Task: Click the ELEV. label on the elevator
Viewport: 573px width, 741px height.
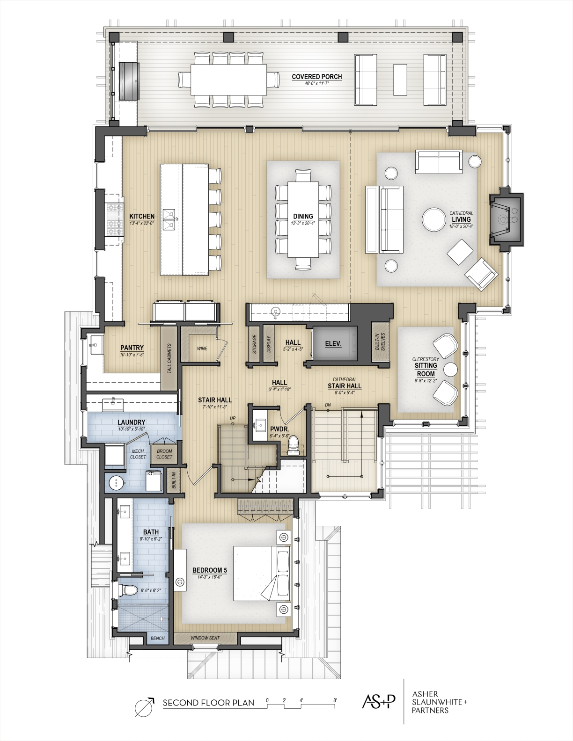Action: click(x=333, y=343)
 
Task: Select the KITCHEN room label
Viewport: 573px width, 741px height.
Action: click(x=142, y=216)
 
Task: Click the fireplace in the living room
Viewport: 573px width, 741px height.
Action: click(x=506, y=220)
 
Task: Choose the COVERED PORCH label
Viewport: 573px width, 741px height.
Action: click(x=317, y=77)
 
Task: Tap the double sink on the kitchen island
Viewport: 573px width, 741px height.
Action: click(x=169, y=219)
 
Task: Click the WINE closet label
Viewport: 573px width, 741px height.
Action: click(x=202, y=349)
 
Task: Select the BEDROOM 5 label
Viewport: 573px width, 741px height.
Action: click(x=210, y=570)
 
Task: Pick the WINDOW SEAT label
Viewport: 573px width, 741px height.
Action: click(x=205, y=638)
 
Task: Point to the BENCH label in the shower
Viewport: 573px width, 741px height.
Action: click(x=157, y=638)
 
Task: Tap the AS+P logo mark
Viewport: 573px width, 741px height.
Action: click(x=378, y=701)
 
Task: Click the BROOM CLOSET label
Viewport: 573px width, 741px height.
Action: click(x=164, y=454)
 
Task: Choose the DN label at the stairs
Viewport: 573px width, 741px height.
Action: click(x=328, y=405)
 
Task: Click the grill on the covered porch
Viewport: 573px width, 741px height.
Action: click(x=129, y=81)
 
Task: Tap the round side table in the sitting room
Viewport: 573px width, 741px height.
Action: click(x=450, y=369)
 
